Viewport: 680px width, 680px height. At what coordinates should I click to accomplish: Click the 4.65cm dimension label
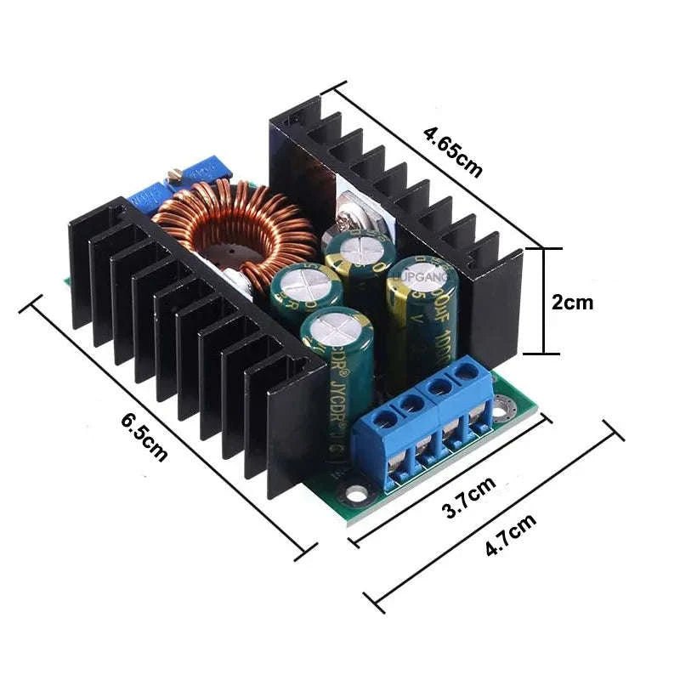pos(453,151)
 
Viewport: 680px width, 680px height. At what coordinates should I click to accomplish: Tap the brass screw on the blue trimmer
pos(175,176)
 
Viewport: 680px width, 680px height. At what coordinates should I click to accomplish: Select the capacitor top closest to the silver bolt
pos(357,246)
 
